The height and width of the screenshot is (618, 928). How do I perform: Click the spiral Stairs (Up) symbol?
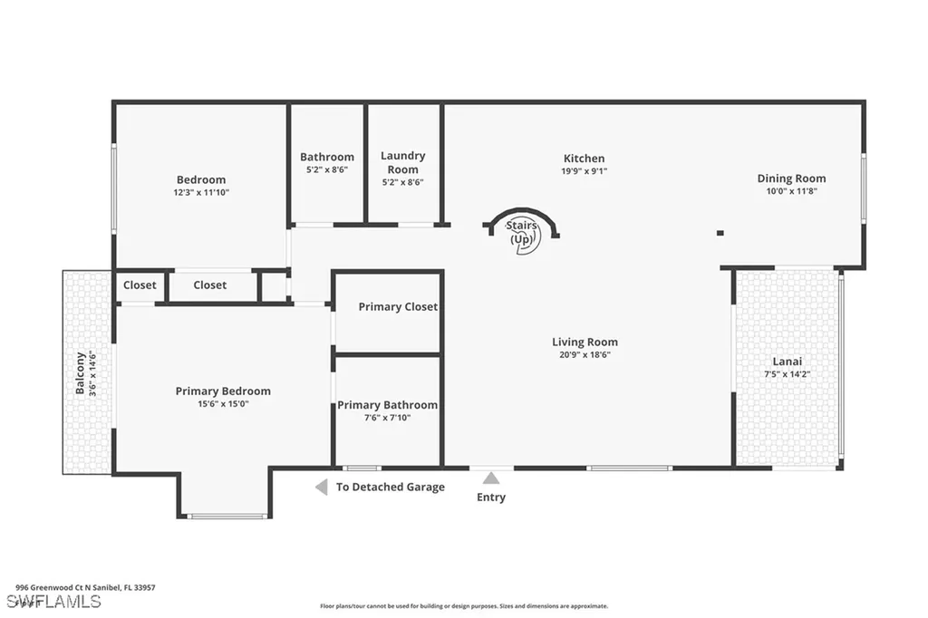(x=524, y=233)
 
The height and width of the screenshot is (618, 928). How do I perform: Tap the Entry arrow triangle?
(x=490, y=478)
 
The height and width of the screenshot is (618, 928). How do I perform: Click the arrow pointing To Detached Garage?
(x=321, y=488)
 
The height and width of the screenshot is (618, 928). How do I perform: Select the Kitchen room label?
(x=584, y=159)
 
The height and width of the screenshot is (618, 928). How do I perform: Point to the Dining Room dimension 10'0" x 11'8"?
(x=792, y=191)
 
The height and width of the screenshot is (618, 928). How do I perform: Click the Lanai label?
(x=787, y=362)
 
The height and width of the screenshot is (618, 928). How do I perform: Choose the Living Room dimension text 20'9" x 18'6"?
(x=585, y=354)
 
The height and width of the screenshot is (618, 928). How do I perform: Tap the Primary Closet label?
(x=398, y=307)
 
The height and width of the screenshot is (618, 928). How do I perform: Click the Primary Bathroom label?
(x=387, y=405)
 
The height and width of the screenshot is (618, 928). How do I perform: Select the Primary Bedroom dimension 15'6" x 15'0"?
(x=222, y=404)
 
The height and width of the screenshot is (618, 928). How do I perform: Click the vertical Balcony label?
(x=80, y=372)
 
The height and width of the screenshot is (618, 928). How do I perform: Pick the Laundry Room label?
(x=403, y=163)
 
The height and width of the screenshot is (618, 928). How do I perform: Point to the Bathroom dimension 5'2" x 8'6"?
(x=327, y=169)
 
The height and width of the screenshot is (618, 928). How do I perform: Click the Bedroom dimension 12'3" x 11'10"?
(x=201, y=192)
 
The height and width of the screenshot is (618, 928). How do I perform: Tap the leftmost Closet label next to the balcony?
(x=140, y=285)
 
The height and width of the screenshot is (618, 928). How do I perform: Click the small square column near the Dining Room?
(x=720, y=233)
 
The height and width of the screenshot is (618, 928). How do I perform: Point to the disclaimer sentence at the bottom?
(x=463, y=606)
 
